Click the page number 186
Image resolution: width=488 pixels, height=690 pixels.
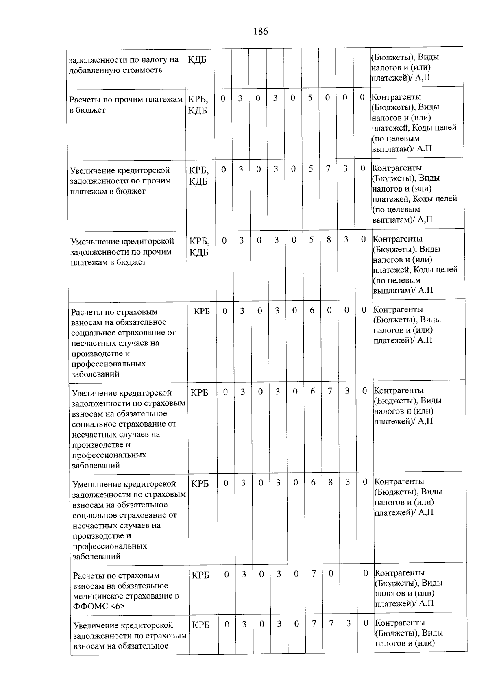260,31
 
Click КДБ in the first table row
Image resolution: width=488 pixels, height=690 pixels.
197,60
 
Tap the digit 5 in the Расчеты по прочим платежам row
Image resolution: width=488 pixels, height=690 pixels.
310,98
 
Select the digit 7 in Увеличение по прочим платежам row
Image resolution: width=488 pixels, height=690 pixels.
328,169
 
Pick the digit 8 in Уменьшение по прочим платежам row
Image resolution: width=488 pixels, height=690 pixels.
329,240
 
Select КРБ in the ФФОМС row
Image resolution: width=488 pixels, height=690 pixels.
200,575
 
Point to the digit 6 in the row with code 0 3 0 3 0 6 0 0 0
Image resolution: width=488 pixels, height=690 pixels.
312,311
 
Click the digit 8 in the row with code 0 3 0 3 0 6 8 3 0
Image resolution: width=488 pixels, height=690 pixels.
330,482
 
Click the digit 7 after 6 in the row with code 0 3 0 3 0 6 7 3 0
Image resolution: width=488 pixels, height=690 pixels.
330,391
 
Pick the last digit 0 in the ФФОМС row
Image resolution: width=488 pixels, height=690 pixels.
366,573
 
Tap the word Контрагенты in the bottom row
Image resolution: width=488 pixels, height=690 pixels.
400,623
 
